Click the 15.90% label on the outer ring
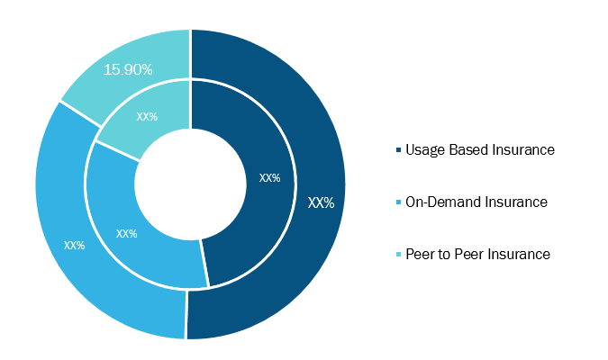[x=128, y=70]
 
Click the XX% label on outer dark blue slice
[x=321, y=202]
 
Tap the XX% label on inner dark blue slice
[x=270, y=178]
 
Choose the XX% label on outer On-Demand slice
[x=74, y=246]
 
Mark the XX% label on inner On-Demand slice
[x=127, y=234]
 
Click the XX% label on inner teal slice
[x=147, y=117]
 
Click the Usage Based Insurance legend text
[x=480, y=150]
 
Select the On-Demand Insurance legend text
[x=476, y=202]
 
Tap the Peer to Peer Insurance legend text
[x=477, y=254]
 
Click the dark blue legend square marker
[x=398, y=150]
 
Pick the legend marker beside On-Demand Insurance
[x=398, y=202]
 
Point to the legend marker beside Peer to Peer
[x=398, y=255]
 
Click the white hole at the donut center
[x=190, y=184]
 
